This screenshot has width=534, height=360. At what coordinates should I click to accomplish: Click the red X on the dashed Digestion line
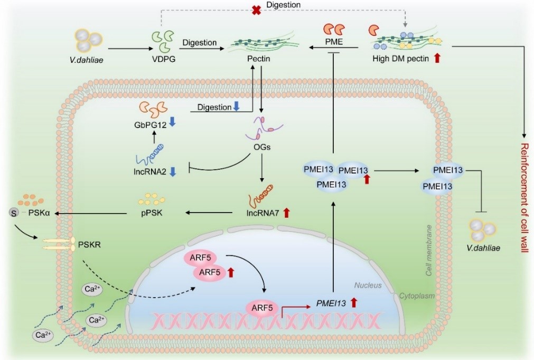257,10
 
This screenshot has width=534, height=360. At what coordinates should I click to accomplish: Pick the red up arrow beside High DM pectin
437,59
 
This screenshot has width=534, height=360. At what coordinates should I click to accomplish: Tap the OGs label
262,146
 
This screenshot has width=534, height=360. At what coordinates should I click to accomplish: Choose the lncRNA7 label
261,213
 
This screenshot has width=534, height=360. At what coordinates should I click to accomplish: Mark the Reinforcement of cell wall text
525,199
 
